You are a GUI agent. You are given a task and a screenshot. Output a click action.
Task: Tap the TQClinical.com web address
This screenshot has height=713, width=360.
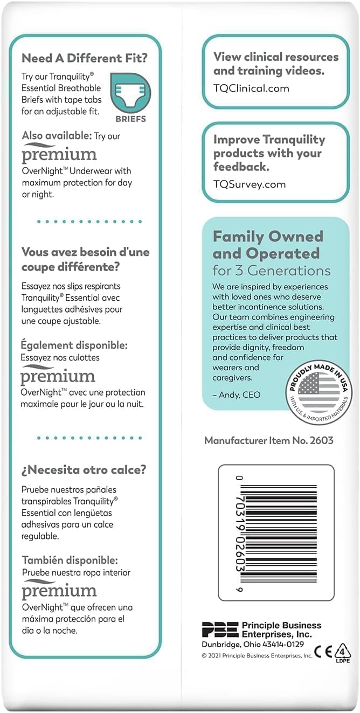coord(251,88)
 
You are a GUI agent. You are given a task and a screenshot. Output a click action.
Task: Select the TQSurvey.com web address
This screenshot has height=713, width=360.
coord(249,184)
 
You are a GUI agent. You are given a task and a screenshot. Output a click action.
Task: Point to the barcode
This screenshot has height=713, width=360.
coord(276,532)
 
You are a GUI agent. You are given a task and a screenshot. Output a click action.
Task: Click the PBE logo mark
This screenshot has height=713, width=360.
coord(219,629)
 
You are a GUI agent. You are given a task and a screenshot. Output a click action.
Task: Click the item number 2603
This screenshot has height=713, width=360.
coord(321,440)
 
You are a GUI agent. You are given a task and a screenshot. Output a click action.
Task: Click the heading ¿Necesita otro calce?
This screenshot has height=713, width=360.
coord(84,469)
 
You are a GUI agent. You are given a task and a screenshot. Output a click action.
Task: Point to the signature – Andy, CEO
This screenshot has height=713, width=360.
coord(237,394)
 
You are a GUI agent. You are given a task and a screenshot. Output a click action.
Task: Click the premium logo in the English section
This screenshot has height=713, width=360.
coord(59,155)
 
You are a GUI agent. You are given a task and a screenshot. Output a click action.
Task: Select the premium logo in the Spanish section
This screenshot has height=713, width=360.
coord(59,591)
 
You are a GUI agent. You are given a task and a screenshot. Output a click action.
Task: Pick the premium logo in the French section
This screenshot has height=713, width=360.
coord(58,376)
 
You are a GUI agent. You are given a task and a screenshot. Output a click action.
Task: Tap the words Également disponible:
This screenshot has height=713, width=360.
coord(74,345)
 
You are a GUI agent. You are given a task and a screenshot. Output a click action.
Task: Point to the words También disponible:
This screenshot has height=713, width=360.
coord(69,560)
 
